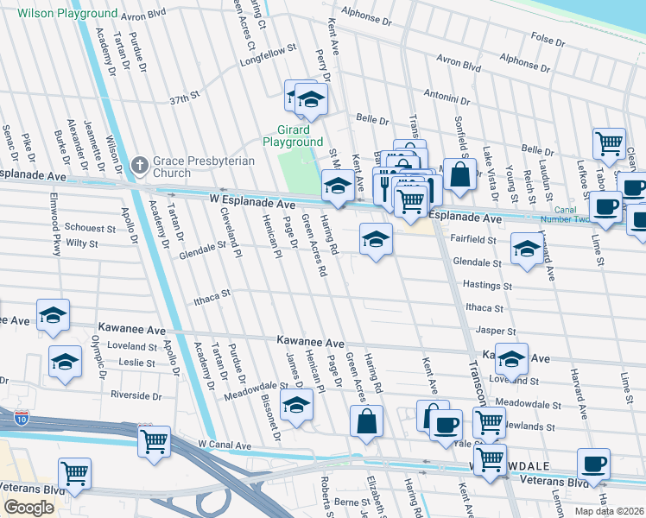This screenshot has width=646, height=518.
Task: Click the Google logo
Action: pos(28,508)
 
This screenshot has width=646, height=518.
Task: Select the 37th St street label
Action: pos(184,99)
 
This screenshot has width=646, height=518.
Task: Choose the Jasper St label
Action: pos(495,331)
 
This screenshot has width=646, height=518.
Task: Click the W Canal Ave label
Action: pos(224,445)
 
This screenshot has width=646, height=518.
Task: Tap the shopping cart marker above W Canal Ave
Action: pos(154,440)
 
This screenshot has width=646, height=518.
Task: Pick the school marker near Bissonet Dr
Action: pos(296,404)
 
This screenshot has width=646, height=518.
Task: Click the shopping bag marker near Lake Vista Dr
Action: pos(462,173)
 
